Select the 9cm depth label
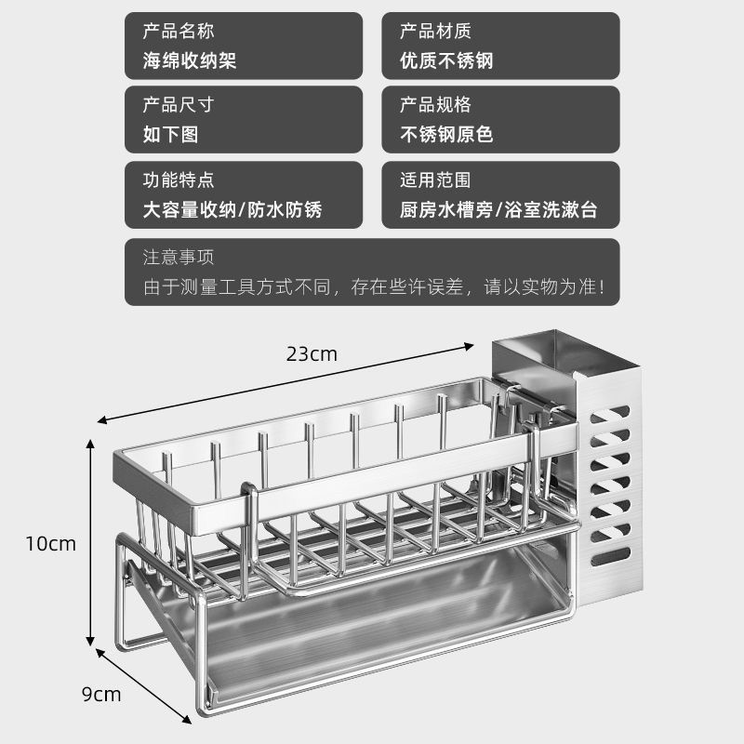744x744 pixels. (x=100, y=694)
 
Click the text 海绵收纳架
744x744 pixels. (x=190, y=60)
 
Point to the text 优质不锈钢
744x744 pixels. (x=445, y=60)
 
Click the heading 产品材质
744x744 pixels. (x=435, y=32)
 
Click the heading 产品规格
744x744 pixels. (x=435, y=104)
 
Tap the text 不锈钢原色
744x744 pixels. (x=445, y=134)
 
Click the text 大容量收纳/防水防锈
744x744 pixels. (x=232, y=209)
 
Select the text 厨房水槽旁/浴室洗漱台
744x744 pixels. (x=498, y=209)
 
